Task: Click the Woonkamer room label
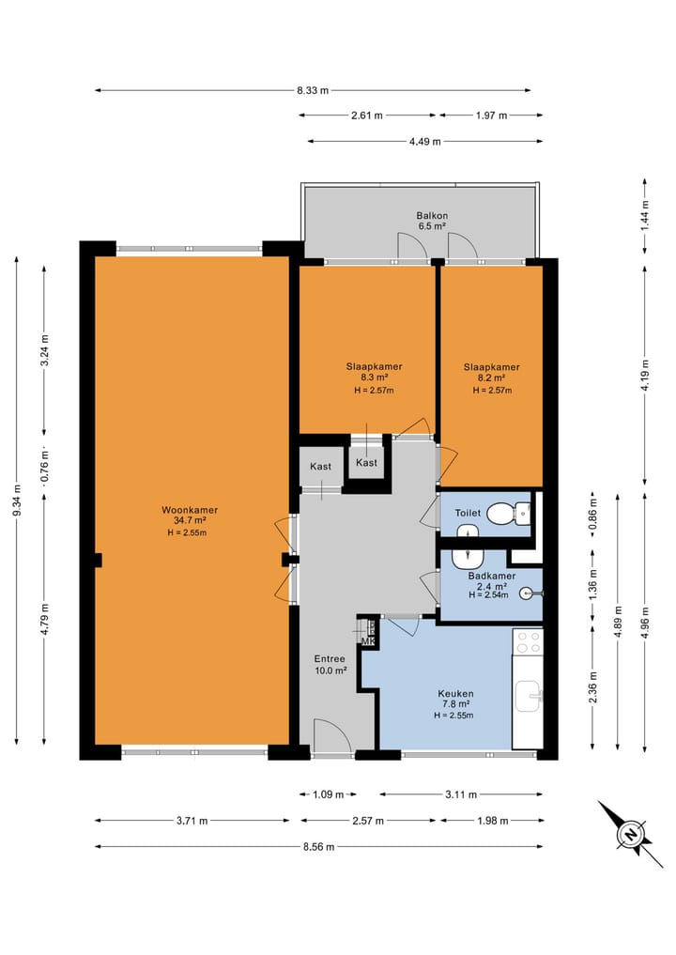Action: [190, 511]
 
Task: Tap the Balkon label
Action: [432, 216]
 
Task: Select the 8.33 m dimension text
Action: [313, 91]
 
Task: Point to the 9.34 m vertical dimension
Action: [17, 501]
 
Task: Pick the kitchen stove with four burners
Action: [528, 642]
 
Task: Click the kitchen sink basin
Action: [528, 696]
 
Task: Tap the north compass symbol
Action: [630, 834]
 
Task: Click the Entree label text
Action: [330, 659]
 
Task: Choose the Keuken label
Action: [455, 694]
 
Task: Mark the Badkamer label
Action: [491, 577]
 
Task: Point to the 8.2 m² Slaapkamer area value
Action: [491, 377]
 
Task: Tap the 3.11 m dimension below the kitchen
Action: [461, 794]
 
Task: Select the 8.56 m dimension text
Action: [318, 847]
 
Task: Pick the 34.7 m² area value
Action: [190, 521]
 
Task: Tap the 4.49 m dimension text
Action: [425, 141]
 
